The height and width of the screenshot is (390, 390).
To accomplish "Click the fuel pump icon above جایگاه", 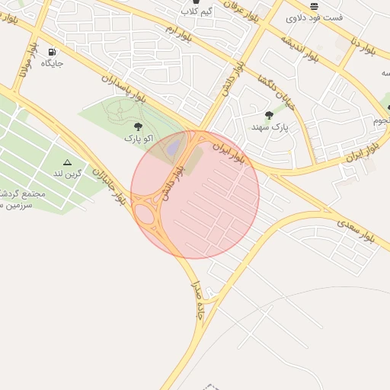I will [x=52, y=53].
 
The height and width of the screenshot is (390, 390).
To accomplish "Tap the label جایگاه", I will [x=52, y=63].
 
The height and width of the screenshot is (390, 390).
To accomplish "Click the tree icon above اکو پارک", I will [x=138, y=127].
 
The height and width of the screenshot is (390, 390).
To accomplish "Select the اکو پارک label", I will [x=139, y=139].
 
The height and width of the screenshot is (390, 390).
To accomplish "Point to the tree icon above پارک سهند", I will [x=269, y=116].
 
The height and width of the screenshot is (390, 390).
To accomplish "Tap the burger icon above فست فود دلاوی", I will [x=314, y=5].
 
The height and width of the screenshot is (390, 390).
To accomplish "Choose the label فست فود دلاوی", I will [x=315, y=17].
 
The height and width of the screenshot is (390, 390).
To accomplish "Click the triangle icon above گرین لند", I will [x=67, y=162].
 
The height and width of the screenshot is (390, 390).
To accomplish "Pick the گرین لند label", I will [x=68, y=173].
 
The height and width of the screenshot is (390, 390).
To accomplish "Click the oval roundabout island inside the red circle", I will [x=144, y=213].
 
